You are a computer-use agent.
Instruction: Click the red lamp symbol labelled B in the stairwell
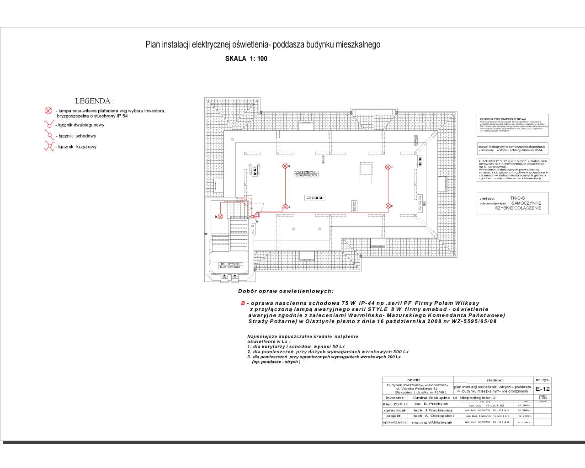[220, 216]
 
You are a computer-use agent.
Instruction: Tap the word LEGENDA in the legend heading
[94, 101]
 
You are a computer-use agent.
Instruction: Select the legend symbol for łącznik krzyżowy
[49, 146]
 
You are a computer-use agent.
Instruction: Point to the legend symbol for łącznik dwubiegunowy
[48, 124]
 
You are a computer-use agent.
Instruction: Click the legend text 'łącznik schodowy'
[77, 136]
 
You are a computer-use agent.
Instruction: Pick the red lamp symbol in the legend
[48, 111]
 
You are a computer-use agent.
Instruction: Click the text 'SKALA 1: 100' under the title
[246, 58]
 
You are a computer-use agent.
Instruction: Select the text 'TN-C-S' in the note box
[518, 198]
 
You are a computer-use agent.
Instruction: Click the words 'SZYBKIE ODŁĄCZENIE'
[518, 208]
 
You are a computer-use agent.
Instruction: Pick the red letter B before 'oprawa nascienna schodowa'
[243, 303]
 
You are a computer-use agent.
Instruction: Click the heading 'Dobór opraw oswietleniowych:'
[286, 292]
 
